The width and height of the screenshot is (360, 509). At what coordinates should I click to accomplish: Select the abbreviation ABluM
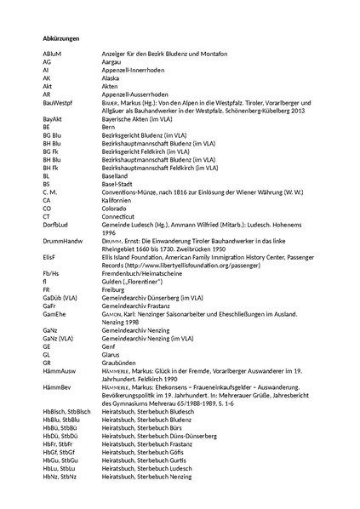[x=52, y=54]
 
